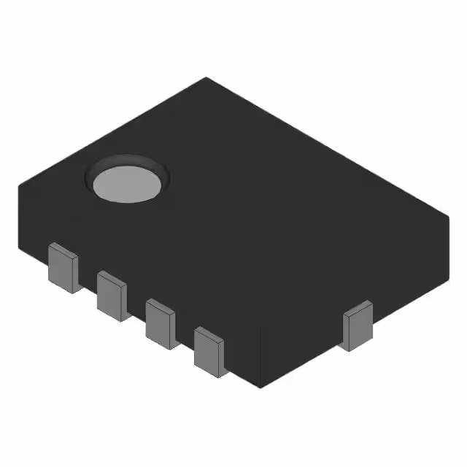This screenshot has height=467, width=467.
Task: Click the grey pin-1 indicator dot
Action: click(126, 185)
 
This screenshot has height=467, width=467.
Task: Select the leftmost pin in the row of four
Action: click(63, 269)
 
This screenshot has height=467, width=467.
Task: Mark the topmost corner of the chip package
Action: click(207, 78)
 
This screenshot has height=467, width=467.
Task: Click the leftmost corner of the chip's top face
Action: click(19, 187)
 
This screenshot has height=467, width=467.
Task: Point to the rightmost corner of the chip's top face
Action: click(448, 216)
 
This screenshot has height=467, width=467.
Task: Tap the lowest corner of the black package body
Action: click(260, 387)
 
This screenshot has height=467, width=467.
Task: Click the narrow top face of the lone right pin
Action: click(358, 307)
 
